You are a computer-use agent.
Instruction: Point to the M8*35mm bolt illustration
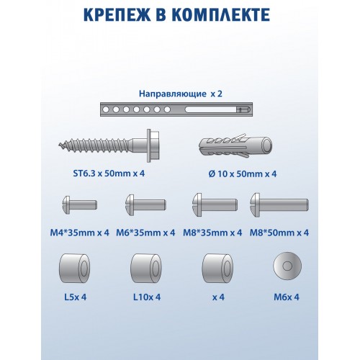pos(215,205)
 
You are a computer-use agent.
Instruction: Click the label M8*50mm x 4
pos(279,232)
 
